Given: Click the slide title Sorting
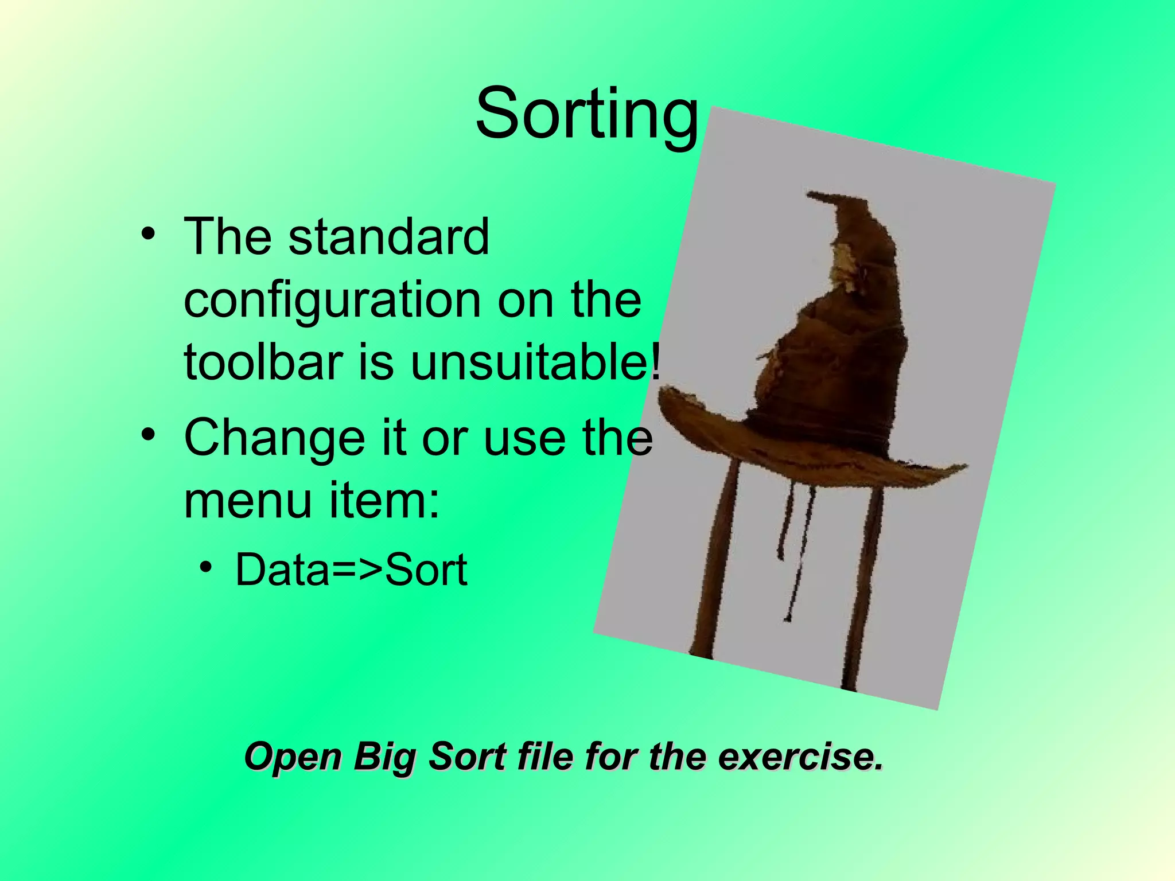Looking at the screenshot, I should click(586, 114).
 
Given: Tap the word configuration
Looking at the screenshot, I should click(331, 301).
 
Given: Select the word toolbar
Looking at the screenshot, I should click(263, 362).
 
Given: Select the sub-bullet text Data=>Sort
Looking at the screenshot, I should click(351, 570).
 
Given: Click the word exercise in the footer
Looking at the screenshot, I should click(800, 757).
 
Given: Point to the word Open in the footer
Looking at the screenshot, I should click(293, 757).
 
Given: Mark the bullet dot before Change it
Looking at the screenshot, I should click(148, 434).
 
